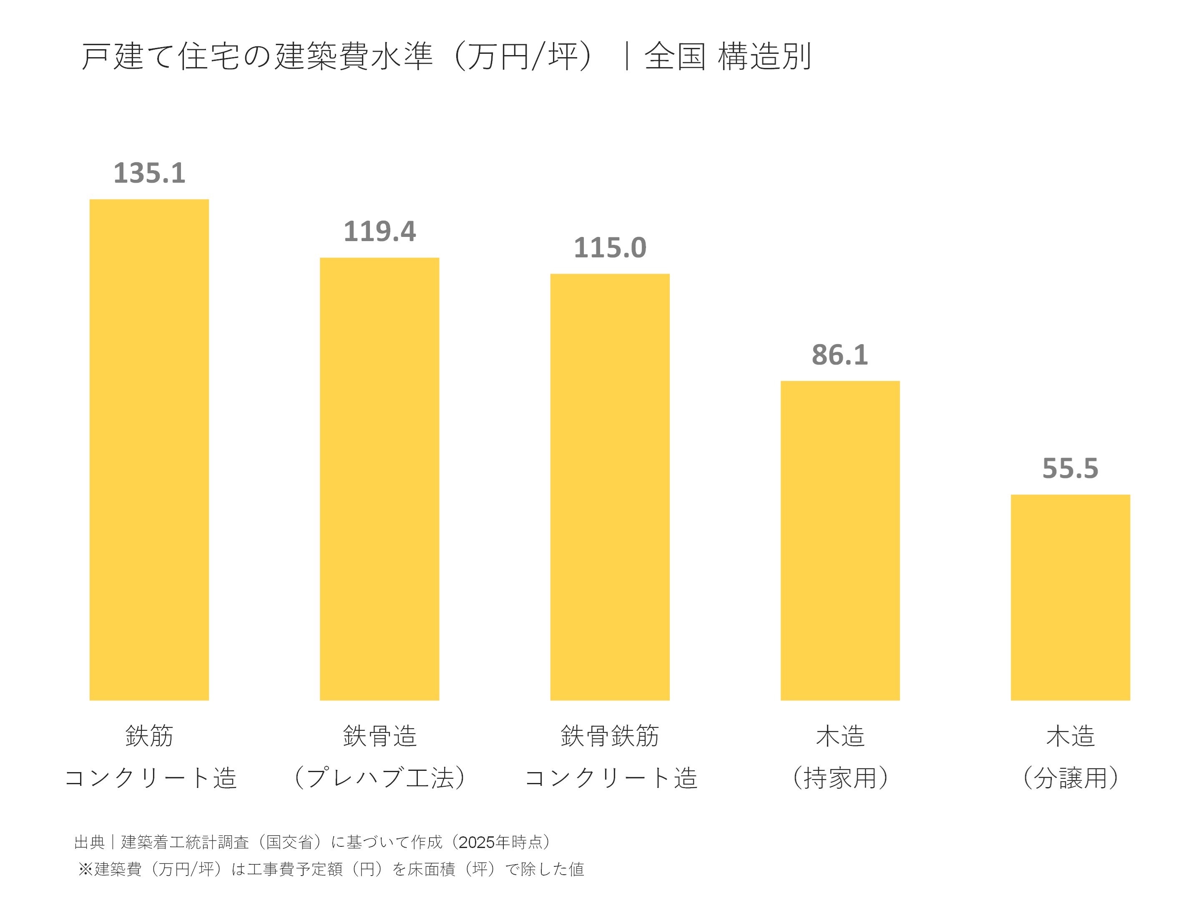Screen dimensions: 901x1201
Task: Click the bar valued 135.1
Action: (149, 450)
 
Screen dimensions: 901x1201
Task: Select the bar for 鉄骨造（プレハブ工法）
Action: (379, 478)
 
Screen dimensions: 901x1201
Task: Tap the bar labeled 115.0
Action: (610, 487)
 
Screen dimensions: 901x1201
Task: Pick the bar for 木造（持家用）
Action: (840, 540)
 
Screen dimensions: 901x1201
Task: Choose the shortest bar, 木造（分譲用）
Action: (1070, 597)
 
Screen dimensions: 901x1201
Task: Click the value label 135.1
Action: (149, 173)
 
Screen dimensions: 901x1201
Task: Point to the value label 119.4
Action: (379, 232)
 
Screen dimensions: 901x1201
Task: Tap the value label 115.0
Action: (610, 248)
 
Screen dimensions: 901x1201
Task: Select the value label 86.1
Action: (840, 355)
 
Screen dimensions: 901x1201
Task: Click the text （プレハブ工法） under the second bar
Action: (379, 778)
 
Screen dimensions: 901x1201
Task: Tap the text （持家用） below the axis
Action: (840, 778)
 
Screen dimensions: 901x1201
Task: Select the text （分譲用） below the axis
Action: (1070, 778)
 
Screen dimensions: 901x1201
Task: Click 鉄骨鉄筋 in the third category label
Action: (610, 736)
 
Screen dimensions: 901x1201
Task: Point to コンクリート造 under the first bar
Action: (151, 778)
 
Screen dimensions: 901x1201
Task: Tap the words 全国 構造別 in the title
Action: (728, 56)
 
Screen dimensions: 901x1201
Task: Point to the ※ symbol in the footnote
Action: (85, 869)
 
